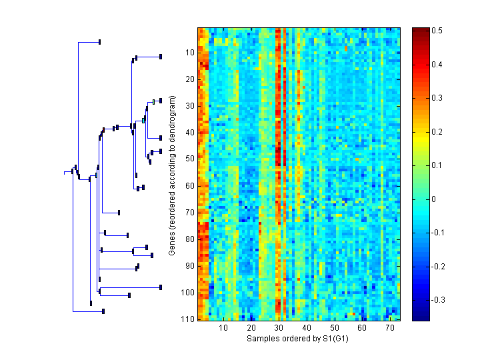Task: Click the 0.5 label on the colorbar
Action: pos(438,31)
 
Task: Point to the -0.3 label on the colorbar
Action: pos(440,300)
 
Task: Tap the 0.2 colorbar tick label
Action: pos(438,131)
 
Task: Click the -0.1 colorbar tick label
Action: pos(440,233)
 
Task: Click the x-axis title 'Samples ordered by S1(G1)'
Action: pos(298,339)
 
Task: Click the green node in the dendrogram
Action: pos(154,101)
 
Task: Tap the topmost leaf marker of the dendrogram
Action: pos(99,42)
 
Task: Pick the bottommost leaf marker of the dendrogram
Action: pos(103,311)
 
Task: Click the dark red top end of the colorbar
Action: pos(420,30)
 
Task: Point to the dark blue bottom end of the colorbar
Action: pos(420,318)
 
